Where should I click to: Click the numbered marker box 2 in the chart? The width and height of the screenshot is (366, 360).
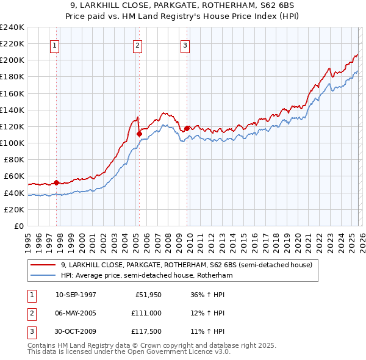pos(138,45)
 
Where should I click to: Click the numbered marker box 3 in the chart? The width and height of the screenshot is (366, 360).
pos(185,45)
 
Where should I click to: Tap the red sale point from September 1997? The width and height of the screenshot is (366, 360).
pos(56,182)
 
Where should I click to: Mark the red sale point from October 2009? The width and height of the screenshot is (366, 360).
pos(187,128)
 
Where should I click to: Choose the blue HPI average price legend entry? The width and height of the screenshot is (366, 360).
pos(147,275)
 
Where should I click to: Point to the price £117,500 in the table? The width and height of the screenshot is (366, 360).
pos(146,333)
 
